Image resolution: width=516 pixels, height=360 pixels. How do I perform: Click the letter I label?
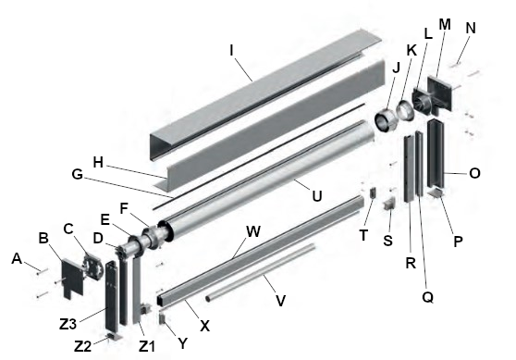[231, 51]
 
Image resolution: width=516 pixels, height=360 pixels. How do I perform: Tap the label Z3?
[68, 325]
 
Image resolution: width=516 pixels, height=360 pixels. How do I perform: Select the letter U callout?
[316, 196]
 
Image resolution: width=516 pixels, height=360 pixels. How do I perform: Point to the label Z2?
[82, 346]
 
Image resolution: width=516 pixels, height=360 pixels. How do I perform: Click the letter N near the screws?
[471, 28]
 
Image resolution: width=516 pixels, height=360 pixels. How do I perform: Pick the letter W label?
[253, 231]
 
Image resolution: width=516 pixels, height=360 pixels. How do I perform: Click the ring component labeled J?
[386, 122]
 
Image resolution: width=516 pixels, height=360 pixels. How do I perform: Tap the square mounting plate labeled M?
[441, 93]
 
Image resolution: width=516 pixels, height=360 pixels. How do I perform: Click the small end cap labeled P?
[436, 193]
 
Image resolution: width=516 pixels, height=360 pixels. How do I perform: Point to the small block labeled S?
[389, 204]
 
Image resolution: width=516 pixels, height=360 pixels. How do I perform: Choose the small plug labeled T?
[373, 192]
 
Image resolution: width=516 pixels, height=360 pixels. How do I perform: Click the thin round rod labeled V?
[260, 272]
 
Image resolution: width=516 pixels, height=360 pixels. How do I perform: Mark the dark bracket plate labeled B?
[72, 279]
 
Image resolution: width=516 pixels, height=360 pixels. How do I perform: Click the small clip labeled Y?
[163, 318]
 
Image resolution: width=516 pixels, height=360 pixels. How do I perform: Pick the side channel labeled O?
[436, 154]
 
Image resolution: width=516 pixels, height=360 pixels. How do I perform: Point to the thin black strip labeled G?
[259, 156]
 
